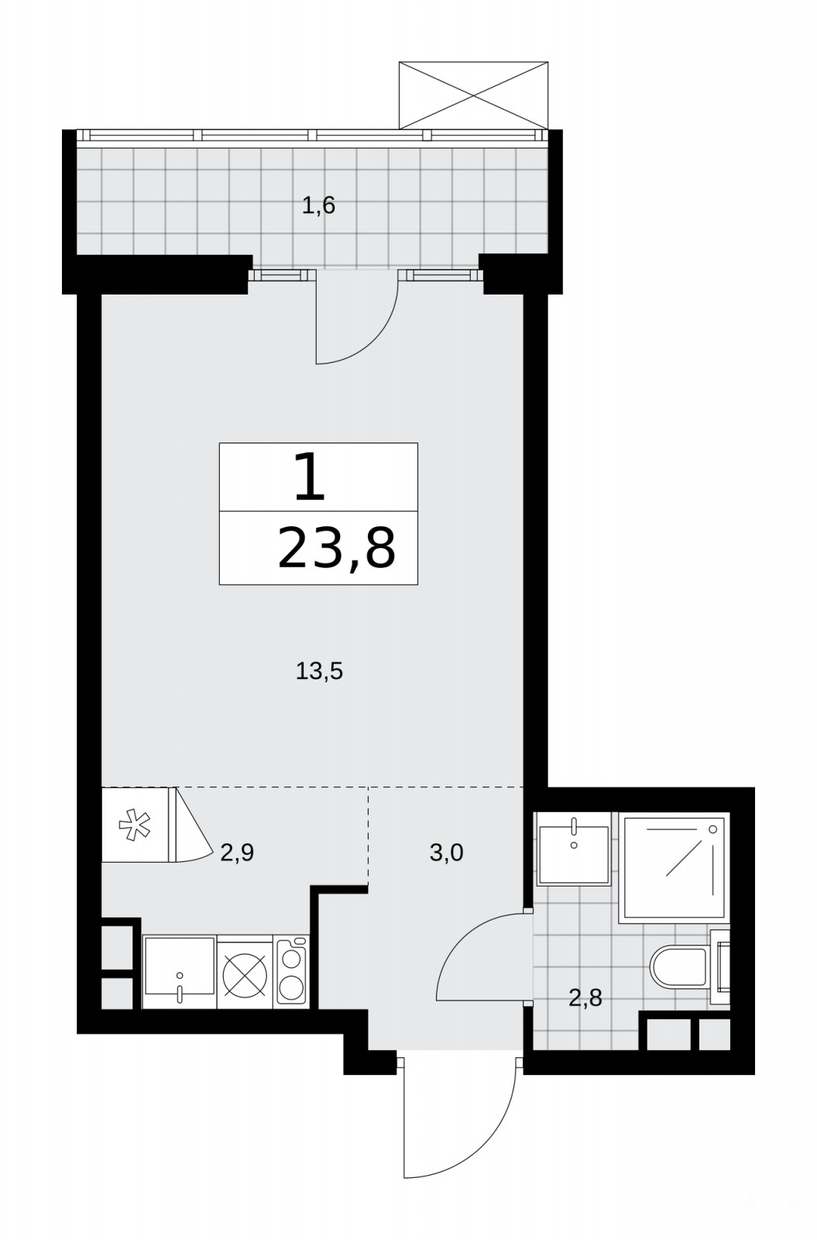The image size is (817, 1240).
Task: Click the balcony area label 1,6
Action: coord(319,206)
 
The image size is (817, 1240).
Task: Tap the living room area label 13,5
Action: coord(319,671)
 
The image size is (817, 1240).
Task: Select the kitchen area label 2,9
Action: coord(237,853)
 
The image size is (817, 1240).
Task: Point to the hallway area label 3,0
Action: coord(446,853)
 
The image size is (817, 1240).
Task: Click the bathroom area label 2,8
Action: coord(585,999)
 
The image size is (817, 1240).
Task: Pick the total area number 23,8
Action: coord(336,548)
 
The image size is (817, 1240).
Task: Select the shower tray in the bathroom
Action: coord(675,867)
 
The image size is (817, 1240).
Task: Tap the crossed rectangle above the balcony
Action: coord(473,95)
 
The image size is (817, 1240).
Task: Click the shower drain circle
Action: coord(712,829)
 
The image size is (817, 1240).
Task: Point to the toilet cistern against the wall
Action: coord(720,966)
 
